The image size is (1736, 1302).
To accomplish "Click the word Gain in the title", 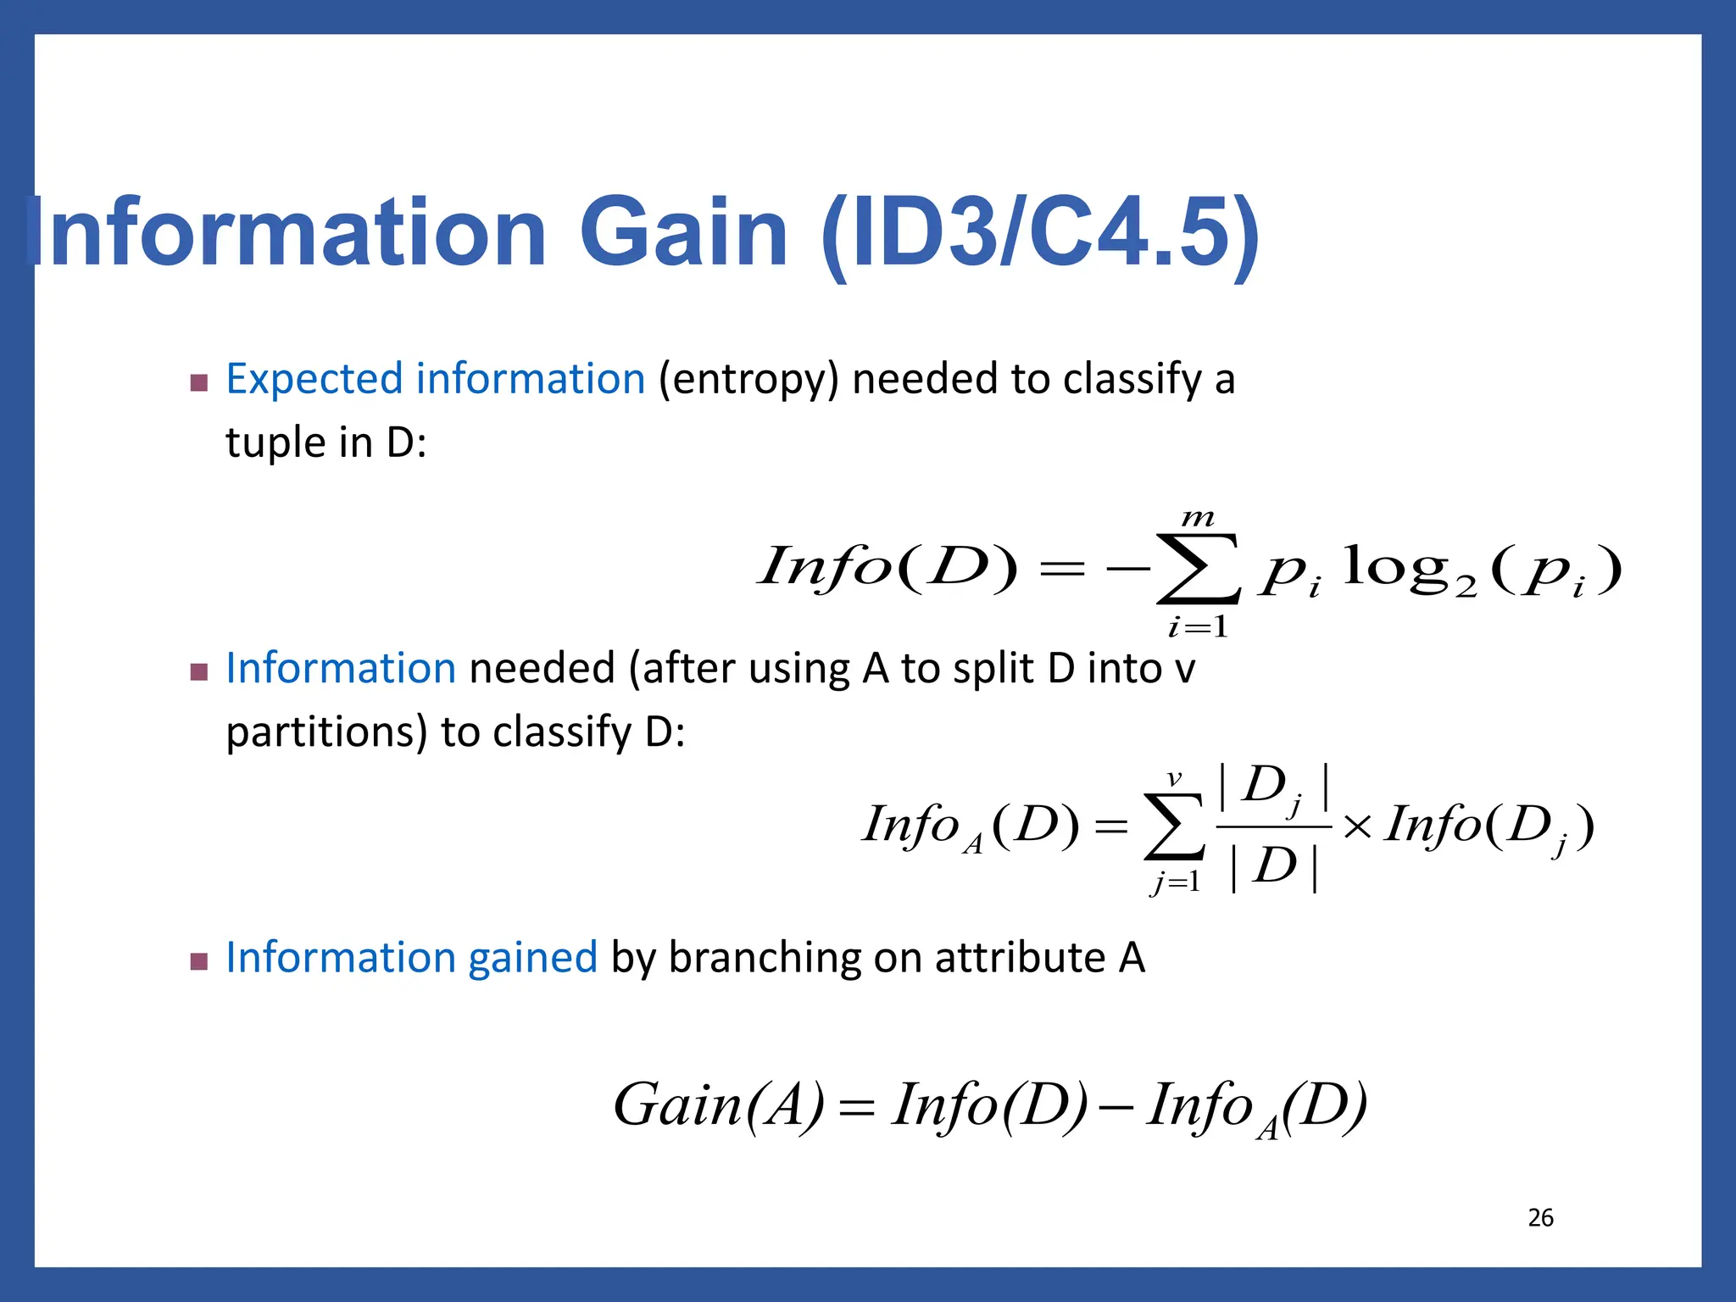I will point(683,232).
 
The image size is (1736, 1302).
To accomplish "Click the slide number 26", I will point(1540,1218).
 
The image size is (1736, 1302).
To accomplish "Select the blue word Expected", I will point(314,379).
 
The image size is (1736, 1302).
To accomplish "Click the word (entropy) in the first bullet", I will point(748,379).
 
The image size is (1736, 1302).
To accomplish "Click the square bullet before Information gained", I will point(199,961).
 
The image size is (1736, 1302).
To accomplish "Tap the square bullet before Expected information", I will point(199,382).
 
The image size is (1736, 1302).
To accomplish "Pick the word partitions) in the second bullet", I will point(326,732).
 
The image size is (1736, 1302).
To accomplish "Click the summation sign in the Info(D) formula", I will point(1197,568).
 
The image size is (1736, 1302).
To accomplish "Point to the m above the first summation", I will point(1198,517).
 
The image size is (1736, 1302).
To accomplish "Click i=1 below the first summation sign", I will point(1198,627).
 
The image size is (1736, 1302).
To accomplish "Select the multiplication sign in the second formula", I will point(1357,826).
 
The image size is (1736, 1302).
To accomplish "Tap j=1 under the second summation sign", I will point(1176,882).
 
